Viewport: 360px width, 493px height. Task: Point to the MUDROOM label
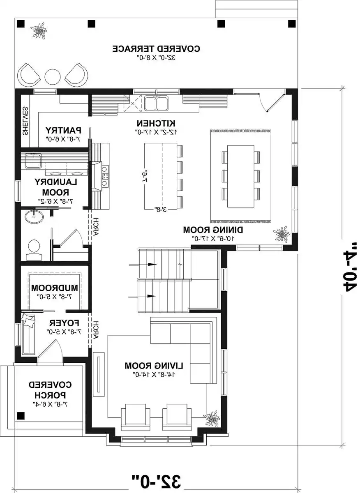(x=55, y=288)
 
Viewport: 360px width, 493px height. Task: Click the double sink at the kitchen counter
(x=157, y=103)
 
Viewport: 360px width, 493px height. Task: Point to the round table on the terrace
(x=53, y=76)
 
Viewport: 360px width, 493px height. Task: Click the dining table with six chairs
(x=240, y=176)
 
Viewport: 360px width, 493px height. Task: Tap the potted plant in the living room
(x=212, y=419)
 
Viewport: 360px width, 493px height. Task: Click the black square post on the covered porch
(x=21, y=416)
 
